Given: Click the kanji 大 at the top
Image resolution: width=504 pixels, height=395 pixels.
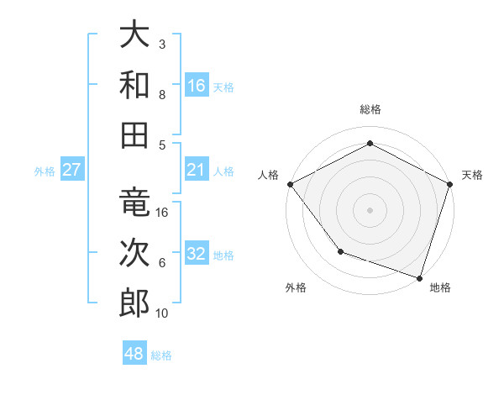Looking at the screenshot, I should click(134, 34).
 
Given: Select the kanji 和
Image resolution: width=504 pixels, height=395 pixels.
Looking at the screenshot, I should click(134, 84).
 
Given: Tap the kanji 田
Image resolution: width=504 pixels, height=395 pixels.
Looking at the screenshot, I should click(134, 134).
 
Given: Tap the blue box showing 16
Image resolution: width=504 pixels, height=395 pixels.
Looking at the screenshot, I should click(197, 86).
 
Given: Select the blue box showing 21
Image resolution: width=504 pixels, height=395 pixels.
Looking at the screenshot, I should click(197, 171).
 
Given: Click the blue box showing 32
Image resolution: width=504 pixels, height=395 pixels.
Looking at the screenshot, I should click(197, 255).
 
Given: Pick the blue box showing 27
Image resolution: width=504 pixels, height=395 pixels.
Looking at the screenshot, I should click(72, 171).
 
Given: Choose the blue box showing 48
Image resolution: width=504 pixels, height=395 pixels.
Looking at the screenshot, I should click(134, 354).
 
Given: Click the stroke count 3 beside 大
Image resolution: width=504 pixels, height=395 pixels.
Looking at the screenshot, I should click(162, 44).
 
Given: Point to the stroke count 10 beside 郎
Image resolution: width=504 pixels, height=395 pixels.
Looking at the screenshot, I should click(162, 313).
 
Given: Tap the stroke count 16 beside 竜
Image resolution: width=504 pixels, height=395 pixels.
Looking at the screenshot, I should click(162, 213).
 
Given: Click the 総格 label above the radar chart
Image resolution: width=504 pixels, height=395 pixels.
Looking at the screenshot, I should click(370, 110).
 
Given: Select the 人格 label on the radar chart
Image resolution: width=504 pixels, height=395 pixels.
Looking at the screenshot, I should click(269, 175).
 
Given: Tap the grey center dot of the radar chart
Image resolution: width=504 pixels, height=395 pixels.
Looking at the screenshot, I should click(370, 209).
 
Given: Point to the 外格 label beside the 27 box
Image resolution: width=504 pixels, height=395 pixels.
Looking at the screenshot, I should click(45, 171).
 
